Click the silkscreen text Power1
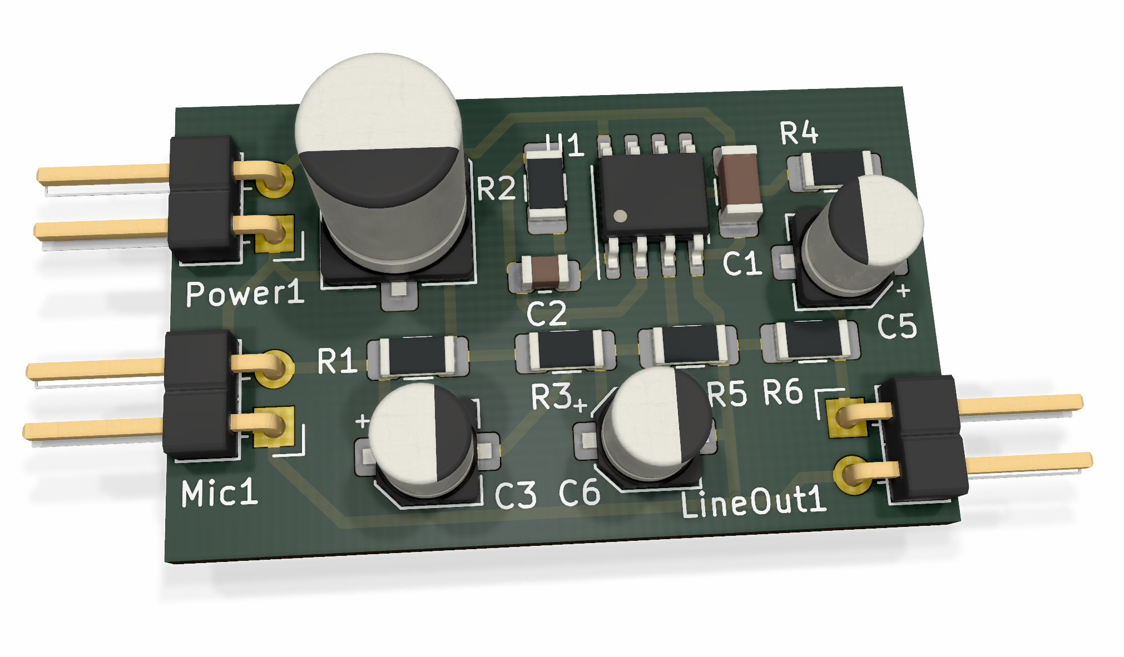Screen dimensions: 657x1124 pyautogui.click(x=245, y=293)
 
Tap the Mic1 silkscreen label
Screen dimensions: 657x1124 pyautogui.click(x=220, y=492)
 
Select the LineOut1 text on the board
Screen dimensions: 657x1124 pyautogui.click(x=754, y=501)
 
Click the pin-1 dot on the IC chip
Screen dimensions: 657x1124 pyautogui.click(x=620, y=216)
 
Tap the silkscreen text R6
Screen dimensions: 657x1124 pyautogui.click(x=783, y=392)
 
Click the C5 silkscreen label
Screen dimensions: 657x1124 pyautogui.click(x=897, y=326)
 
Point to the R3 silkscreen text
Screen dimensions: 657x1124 pyautogui.click(x=551, y=396)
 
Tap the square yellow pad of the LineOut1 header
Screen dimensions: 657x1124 pyautogui.click(x=845, y=417)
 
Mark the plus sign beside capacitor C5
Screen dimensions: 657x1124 pyautogui.click(x=903, y=290)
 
